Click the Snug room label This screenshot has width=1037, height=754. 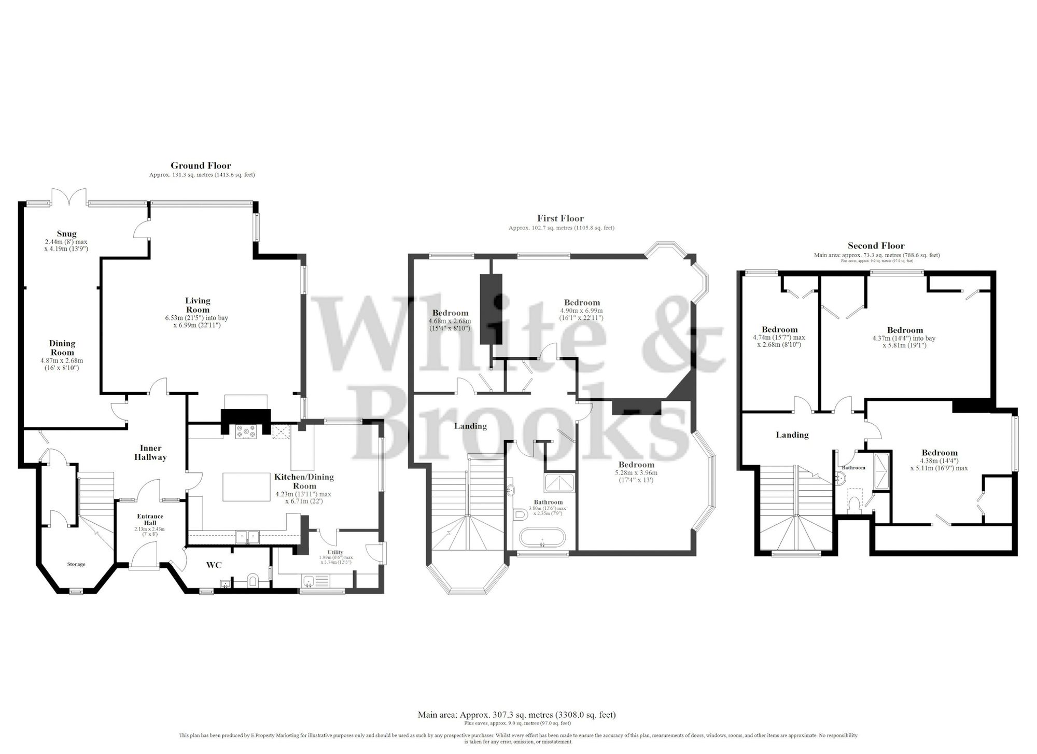(67, 234)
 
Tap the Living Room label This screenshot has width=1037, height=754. (198, 305)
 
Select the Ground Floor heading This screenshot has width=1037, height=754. (201, 165)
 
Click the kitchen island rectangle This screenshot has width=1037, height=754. (247, 486)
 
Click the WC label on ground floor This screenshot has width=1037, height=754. (214, 565)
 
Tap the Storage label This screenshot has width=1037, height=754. (76, 564)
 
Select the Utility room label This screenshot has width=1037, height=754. (335, 552)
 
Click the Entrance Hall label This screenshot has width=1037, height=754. (150, 519)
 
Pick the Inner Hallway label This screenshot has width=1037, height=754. (150, 453)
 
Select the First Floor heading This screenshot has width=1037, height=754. (560, 218)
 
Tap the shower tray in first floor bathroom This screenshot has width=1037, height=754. (559, 483)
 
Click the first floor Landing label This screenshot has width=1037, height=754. (470, 426)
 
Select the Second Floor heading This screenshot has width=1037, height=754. (876, 246)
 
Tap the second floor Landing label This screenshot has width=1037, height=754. (792, 435)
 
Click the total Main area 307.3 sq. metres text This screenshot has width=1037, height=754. (516, 715)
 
